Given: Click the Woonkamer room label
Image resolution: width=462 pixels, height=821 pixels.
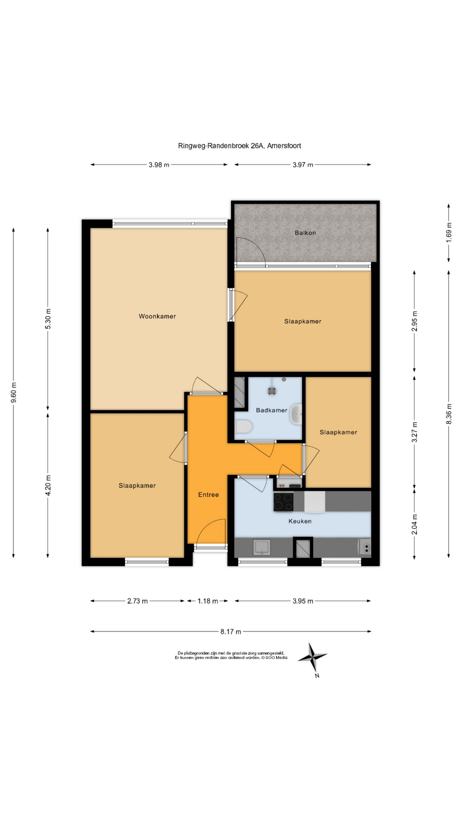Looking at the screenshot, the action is (x=157, y=316).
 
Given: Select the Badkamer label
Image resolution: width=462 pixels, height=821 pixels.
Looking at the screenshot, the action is (x=272, y=410).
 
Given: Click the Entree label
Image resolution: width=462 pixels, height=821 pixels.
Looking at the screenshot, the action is (x=209, y=495).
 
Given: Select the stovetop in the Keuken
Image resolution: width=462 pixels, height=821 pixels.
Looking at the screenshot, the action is (x=283, y=502).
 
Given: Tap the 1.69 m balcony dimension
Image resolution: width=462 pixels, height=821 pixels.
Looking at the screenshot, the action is (x=449, y=232).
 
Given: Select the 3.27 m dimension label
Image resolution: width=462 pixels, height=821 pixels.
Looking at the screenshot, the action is (x=415, y=432).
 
